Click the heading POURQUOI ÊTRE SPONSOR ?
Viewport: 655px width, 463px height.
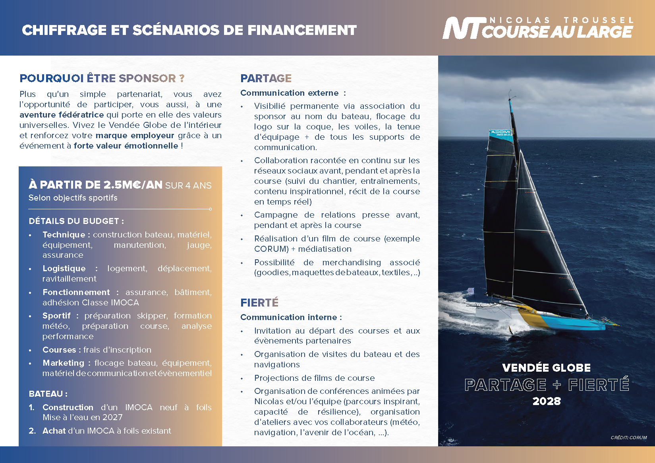click(x=102, y=78)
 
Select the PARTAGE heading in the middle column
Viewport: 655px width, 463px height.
click(x=266, y=78)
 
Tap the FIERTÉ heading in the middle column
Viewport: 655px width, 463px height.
click(x=259, y=303)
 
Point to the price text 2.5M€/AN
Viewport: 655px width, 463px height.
click(x=133, y=185)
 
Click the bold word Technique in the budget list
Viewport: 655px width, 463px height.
click(x=64, y=235)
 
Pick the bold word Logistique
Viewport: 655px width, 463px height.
click(x=64, y=268)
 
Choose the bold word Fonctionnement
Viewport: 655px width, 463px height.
click(x=76, y=292)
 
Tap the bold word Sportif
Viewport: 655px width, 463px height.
click(x=56, y=316)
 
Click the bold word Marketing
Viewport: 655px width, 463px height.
click(x=63, y=363)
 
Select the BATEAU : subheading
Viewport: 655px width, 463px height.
click(x=48, y=394)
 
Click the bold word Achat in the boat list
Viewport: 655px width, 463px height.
click(x=54, y=431)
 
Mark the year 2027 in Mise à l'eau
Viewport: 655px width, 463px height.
click(x=112, y=417)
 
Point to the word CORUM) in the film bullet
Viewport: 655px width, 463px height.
click(x=271, y=249)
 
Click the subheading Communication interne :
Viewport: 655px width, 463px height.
click(x=291, y=317)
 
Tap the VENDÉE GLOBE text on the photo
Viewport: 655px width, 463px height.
click(x=546, y=368)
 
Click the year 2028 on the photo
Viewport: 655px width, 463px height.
click(x=546, y=401)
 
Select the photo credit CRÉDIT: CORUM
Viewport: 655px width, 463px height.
click(x=628, y=438)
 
